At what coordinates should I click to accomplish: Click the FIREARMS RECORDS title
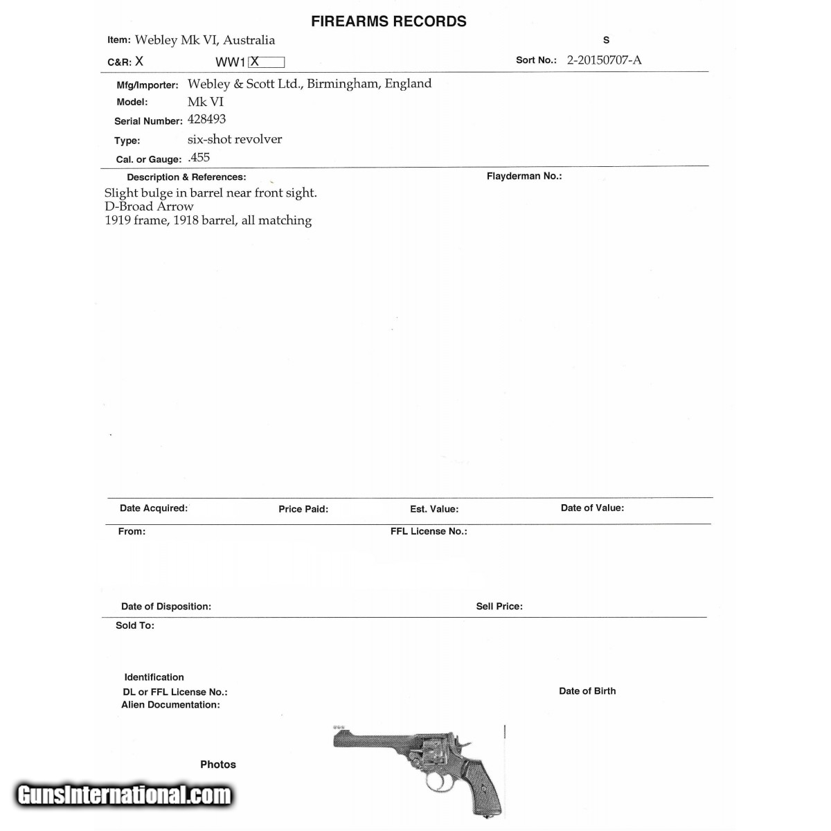pyautogui.click(x=388, y=21)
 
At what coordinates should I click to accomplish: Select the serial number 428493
pyautogui.click(x=206, y=119)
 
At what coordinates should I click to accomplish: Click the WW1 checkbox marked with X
pyautogui.click(x=267, y=62)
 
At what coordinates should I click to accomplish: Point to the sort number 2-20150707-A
pyautogui.click(x=604, y=60)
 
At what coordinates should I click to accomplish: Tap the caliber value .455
pyautogui.click(x=199, y=157)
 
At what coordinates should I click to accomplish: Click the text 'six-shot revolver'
pyautogui.click(x=235, y=139)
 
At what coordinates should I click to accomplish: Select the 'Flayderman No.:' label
pyautogui.click(x=524, y=176)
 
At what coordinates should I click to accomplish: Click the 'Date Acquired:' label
pyautogui.click(x=153, y=508)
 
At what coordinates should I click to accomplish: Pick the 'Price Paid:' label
pyautogui.click(x=303, y=509)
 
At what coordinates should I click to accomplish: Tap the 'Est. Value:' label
pyautogui.click(x=434, y=509)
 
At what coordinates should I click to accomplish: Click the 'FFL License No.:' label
pyautogui.click(x=429, y=531)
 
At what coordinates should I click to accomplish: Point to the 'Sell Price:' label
pyautogui.click(x=499, y=606)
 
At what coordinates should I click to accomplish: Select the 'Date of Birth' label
pyautogui.click(x=587, y=691)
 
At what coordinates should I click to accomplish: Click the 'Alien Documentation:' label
pyautogui.click(x=170, y=705)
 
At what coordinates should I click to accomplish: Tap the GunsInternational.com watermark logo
pyautogui.click(x=125, y=794)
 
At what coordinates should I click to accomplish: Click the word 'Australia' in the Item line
pyautogui.click(x=249, y=40)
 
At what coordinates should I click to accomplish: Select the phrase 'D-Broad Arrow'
pyautogui.click(x=149, y=206)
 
